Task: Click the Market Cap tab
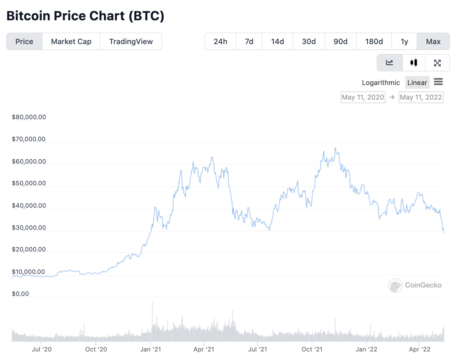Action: point(71,42)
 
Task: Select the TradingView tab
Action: point(131,42)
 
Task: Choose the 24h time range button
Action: point(220,42)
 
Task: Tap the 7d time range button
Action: point(249,42)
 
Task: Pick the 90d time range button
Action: point(340,42)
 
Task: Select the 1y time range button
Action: point(404,42)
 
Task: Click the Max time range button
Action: point(433,42)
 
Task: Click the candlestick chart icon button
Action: point(414,63)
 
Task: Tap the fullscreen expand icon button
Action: point(437,63)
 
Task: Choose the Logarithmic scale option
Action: point(381,83)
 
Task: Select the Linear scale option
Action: point(417,83)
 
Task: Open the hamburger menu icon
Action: point(438,82)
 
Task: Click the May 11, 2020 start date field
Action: point(363,97)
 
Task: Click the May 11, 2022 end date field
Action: point(421,97)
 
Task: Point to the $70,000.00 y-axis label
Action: point(29,139)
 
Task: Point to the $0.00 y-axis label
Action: point(20,294)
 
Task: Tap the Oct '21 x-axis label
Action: point(312,349)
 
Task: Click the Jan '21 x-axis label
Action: point(151,349)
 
